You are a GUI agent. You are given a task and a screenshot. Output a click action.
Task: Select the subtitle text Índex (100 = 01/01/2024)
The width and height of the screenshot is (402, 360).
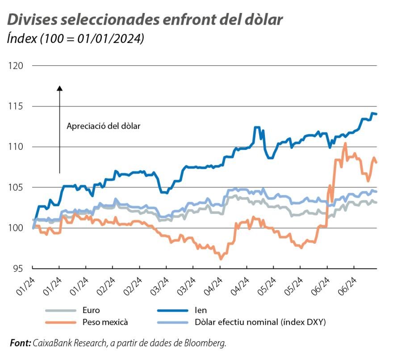pyautogui.click(x=75, y=39)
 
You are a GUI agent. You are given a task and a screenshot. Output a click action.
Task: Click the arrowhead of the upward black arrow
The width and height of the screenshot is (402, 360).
pyautogui.click(x=59, y=88)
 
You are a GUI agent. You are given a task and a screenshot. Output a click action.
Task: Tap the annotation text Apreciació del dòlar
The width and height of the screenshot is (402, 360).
pyautogui.click(x=104, y=126)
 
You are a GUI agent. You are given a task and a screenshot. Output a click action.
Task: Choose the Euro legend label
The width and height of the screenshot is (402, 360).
pyautogui.click(x=91, y=310)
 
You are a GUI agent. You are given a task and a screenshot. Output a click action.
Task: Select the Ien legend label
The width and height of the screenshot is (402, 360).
pyautogui.click(x=201, y=310)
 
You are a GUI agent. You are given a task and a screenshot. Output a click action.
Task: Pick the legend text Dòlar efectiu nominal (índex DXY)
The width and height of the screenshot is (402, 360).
pyautogui.click(x=260, y=322)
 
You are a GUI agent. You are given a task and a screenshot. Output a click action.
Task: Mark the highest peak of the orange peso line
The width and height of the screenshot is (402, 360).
pyautogui.click(x=345, y=144)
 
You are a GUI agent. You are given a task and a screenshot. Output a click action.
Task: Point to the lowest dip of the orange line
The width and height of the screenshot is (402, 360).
pyautogui.click(x=220, y=258)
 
